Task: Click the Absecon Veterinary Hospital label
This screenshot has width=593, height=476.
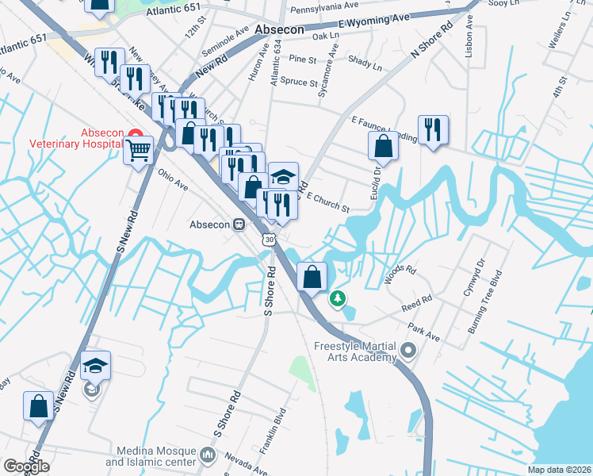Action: click(78, 138)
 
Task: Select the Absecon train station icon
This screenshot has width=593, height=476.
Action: click(238, 225)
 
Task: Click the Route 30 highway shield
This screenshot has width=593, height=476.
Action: click(270, 239)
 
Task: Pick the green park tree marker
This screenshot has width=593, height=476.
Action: click(339, 298)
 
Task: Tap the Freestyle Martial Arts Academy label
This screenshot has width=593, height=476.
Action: click(354, 351)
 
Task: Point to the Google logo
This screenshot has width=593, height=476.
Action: click(26, 466)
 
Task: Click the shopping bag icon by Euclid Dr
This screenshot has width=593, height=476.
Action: click(384, 144)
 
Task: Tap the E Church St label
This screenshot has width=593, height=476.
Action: click(327, 202)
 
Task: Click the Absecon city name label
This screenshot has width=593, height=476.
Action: click(280, 28)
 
